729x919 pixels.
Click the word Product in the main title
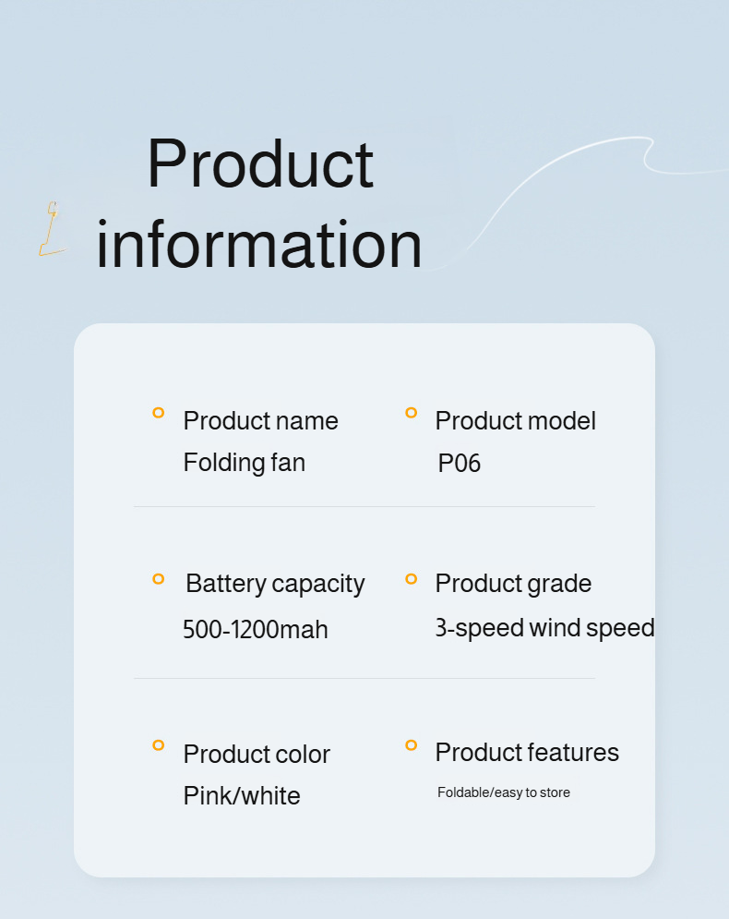click(260, 163)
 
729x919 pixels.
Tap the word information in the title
click(258, 243)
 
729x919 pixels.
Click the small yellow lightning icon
click(52, 228)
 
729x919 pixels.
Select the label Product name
click(260, 421)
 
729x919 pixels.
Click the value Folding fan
click(245, 463)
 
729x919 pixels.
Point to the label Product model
click(515, 421)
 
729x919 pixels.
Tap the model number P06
click(459, 463)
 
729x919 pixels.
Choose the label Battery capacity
click(275, 585)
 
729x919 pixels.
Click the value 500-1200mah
click(256, 630)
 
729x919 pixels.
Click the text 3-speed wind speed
click(544, 628)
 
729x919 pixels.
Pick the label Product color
click(257, 755)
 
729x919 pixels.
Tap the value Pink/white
click(242, 796)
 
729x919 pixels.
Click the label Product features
click(527, 753)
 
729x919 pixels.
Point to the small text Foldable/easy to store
click(504, 792)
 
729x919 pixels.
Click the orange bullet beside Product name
click(158, 413)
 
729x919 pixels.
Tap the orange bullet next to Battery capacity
click(158, 579)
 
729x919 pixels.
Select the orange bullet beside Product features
click(411, 745)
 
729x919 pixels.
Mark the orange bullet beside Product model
click(411, 413)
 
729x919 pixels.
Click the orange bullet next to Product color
click(158, 745)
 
